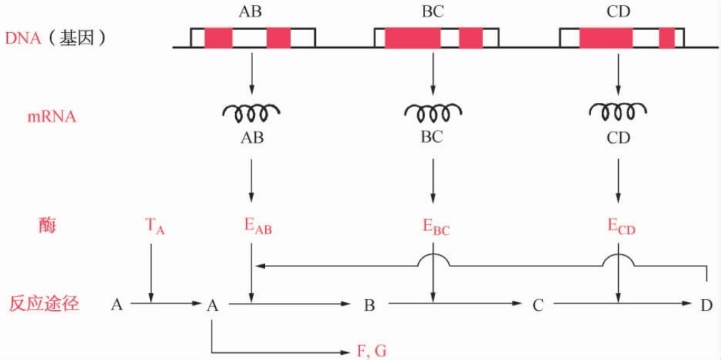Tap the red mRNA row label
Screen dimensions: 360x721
[51, 117]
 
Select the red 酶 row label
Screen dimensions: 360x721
[47, 226]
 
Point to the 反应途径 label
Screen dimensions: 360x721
[44, 304]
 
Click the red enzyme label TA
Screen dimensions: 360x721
[154, 227]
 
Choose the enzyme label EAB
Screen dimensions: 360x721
[258, 227]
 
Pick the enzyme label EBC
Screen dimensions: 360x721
[436, 227]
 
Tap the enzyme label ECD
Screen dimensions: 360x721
[621, 227]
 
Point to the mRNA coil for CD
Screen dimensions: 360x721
[618, 111]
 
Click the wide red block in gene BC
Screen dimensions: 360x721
[412, 38]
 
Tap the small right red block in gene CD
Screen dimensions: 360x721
[667, 38]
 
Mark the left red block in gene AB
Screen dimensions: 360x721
[219, 38]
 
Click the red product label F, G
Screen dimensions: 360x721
[371, 351]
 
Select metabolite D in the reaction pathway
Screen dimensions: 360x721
[706, 306]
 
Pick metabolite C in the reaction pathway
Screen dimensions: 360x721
[538, 306]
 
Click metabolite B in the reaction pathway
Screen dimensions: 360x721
[369, 306]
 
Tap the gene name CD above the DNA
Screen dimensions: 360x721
[619, 11]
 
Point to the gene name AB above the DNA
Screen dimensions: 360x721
[252, 11]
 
